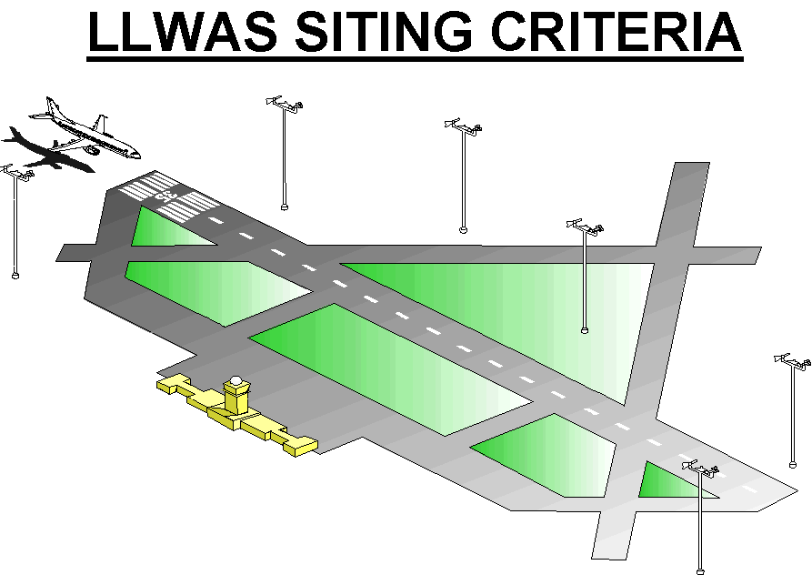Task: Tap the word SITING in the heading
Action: pos(383,32)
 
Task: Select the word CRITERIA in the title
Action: pos(617,32)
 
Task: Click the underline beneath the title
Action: pos(415,59)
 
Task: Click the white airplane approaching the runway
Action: pos(85,129)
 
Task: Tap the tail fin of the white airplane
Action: pos(52,107)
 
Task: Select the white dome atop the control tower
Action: pos(236,381)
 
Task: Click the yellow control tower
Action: pos(236,397)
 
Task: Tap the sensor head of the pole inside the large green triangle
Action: pos(586,227)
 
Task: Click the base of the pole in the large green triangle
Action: pos(585,329)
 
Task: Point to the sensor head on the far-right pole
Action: pos(792,361)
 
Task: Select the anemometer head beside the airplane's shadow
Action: pos(16,172)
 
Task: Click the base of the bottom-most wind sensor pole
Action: pos(700,571)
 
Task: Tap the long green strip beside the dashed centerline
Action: pos(391,369)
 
